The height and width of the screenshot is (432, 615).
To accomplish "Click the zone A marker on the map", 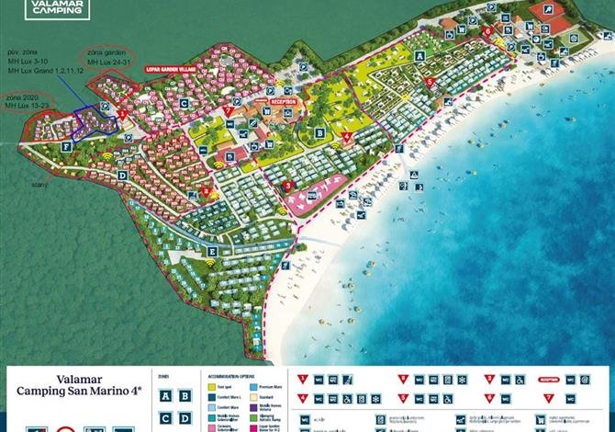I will point(420,55).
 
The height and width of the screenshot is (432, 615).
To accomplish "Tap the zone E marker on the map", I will point(212,251).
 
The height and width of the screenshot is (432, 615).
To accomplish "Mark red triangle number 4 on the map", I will point(346,138).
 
